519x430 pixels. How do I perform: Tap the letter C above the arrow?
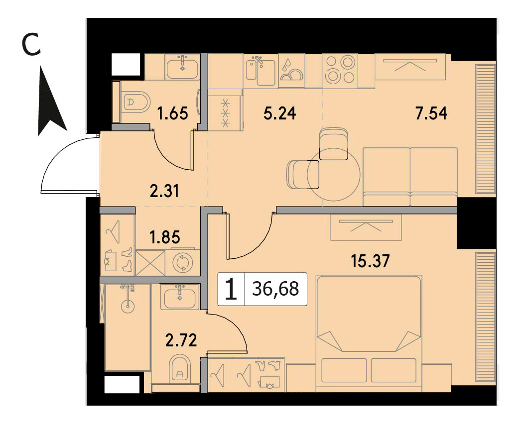31,45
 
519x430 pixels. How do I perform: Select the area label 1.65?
172,113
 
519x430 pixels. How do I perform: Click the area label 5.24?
280,113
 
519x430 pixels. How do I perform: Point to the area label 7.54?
431,113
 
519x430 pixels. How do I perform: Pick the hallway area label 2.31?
164,191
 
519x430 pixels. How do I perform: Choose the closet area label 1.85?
165,237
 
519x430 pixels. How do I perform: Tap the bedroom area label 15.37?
371,261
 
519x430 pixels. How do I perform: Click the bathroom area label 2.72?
181,340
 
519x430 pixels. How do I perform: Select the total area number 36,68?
275,289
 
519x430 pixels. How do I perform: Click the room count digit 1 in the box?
231,289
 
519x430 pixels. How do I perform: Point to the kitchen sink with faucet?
261,71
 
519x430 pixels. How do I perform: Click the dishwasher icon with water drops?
291,71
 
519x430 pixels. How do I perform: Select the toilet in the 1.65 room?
136,102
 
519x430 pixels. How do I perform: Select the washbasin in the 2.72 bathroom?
180,297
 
